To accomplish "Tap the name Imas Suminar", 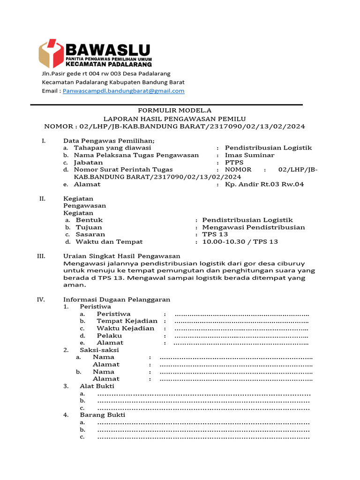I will pyautogui.click(x=249, y=155).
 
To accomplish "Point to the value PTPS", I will pyautogui.click(x=234, y=162).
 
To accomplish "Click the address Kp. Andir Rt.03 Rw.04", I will pyautogui.click(x=264, y=184).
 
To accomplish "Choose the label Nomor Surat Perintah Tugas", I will pyautogui.click(x=123, y=170).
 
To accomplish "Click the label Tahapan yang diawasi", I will pyautogui.click(x=112, y=148).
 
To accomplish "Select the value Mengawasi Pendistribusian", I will pyautogui.click(x=253, y=227).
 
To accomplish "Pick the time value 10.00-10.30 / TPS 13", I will pyautogui.click(x=240, y=242).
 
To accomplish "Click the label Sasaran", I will pyautogui.click(x=90, y=234).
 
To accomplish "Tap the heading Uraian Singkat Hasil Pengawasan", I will pyautogui.click(x=121, y=256).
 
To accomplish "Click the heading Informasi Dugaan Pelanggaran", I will pyautogui.click(x=116, y=300).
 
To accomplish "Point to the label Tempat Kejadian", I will pyautogui.click(x=127, y=321).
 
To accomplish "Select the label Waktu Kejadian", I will pyautogui.click(x=125, y=328).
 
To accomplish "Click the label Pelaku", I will pyautogui.click(x=109, y=336).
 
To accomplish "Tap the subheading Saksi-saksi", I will pyautogui.click(x=99, y=350).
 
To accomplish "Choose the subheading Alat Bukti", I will pyautogui.click(x=97, y=386).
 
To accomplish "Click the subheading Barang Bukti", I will pyautogui.click(x=103, y=415).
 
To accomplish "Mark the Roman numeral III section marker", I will pyautogui.click(x=41, y=256).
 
